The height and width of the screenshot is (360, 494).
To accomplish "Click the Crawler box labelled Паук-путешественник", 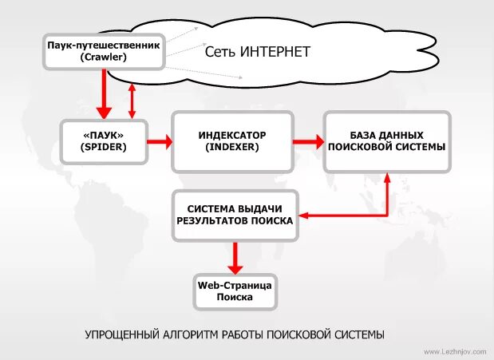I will click(104, 51).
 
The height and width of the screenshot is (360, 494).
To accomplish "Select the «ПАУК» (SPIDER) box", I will click(105, 142).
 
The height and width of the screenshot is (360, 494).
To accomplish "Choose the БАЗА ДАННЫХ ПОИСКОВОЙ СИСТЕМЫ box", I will click(386, 142).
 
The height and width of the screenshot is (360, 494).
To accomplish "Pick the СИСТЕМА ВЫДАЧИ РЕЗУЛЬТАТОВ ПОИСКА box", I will click(235, 214).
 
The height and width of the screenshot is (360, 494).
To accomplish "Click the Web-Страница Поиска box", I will click(235, 291).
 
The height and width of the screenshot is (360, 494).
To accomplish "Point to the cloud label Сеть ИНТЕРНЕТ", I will click(257, 52).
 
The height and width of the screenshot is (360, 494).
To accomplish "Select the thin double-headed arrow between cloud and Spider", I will click(132, 101).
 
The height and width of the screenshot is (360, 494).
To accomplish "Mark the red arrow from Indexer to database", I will click(306, 142).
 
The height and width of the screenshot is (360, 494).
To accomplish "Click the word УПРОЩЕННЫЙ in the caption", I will click(124, 334).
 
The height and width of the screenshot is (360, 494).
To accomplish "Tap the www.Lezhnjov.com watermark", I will click(455, 351).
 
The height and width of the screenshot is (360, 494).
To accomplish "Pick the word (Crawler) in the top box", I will click(104, 57).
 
